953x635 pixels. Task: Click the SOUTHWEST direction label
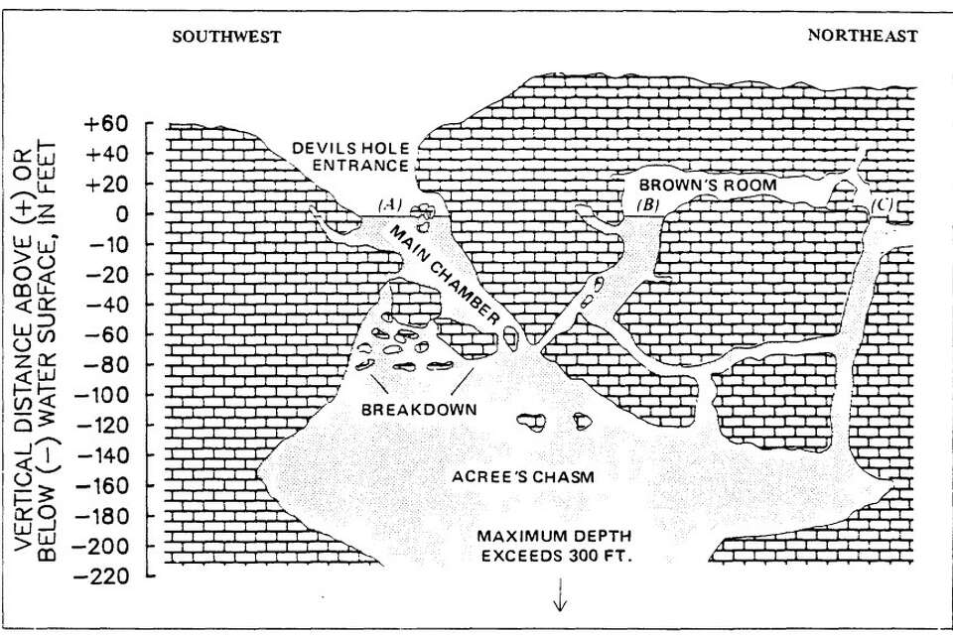(x=226, y=37)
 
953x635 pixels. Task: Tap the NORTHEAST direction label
(x=862, y=36)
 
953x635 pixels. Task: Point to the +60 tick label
(x=107, y=124)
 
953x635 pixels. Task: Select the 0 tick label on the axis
(x=122, y=214)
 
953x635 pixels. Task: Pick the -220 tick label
(x=102, y=575)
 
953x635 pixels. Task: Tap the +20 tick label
(x=107, y=185)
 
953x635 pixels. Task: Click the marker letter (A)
(x=389, y=204)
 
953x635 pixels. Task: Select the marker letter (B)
(x=648, y=204)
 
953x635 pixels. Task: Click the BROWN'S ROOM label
(x=708, y=185)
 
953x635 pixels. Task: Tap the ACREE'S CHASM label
(x=523, y=476)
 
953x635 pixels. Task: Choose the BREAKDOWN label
(x=419, y=409)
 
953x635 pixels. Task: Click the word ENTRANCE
(x=360, y=166)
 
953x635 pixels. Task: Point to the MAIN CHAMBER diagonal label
(x=445, y=275)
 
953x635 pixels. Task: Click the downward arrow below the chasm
(x=560, y=593)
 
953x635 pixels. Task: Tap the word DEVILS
(x=321, y=148)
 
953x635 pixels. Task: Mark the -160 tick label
(x=102, y=485)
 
